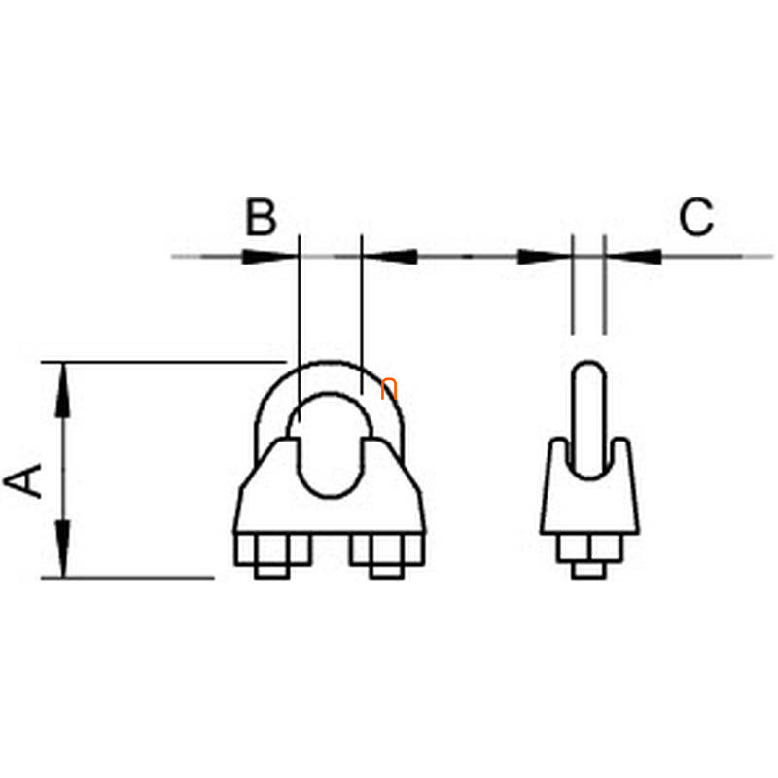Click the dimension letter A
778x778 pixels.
(22, 480)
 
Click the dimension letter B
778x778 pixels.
(261, 217)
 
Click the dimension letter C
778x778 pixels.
(696, 216)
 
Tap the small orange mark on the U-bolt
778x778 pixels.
(389, 388)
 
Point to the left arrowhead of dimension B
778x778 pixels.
(270, 257)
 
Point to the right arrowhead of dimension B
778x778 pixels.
(390, 257)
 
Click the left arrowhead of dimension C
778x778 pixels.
(545, 257)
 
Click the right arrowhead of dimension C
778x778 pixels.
(634, 257)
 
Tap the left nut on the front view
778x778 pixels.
(272, 549)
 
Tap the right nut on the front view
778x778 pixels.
(387, 549)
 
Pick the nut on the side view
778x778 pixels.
(589, 548)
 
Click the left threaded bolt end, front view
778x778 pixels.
(272, 572)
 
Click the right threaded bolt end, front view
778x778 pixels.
(387, 572)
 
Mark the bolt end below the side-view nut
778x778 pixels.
(589, 570)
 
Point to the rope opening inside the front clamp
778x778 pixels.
(331, 446)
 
